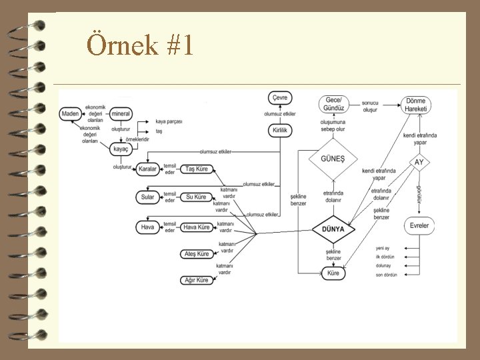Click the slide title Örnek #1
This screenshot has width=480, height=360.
point(140,45)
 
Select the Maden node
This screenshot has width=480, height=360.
point(70,114)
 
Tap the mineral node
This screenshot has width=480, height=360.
point(120,114)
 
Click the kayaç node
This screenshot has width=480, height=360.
point(120,149)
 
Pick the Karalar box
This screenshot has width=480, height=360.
point(148,169)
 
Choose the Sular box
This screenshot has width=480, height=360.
point(148,197)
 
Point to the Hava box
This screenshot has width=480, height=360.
point(148,227)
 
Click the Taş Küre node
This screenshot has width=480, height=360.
point(197,169)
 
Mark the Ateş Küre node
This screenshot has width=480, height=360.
point(197,254)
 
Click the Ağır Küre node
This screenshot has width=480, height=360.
point(197,281)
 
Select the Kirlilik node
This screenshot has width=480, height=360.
point(281,131)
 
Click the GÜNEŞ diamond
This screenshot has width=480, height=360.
point(333,159)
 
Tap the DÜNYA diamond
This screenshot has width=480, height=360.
point(333,229)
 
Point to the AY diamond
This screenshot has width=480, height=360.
point(419,163)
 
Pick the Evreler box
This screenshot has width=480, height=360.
point(419,225)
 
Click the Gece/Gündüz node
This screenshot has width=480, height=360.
point(334,104)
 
